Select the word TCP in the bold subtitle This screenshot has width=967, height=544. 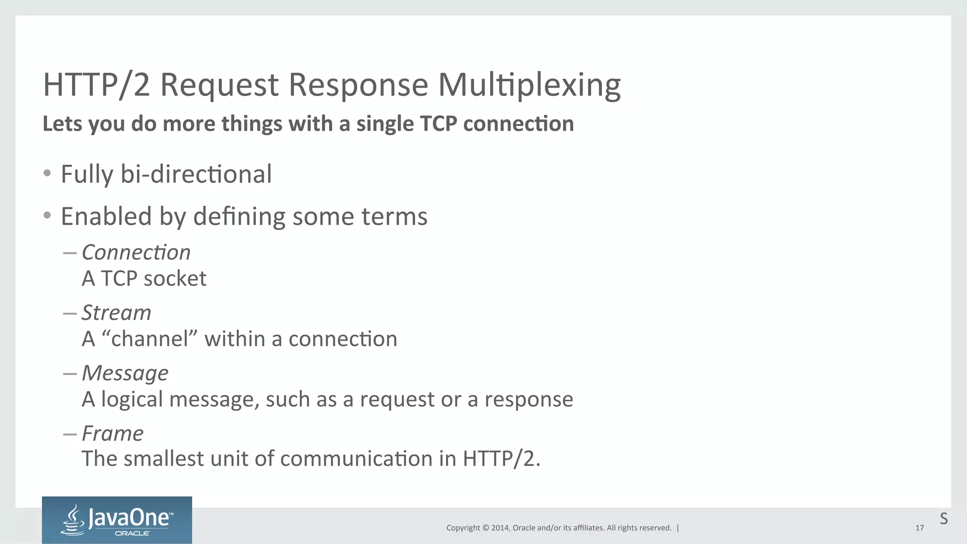click(438, 124)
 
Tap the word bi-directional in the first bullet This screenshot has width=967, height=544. click(196, 174)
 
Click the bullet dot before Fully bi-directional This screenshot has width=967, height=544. click(47, 173)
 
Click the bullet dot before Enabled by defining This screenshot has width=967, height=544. click(47, 216)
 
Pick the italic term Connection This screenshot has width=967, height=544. click(136, 252)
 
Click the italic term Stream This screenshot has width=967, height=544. click(116, 313)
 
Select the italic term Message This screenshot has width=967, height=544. click(125, 373)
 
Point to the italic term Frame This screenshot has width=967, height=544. click(112, 433)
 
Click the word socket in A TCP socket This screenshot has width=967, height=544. click(175, 278)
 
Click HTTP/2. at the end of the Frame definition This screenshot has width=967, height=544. click(501, 459)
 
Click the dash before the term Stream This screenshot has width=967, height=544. click(70, 313)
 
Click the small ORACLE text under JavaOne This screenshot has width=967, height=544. click(132, 534)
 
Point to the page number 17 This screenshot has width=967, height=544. click(919, 528)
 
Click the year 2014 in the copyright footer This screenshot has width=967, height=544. click(500, 528)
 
